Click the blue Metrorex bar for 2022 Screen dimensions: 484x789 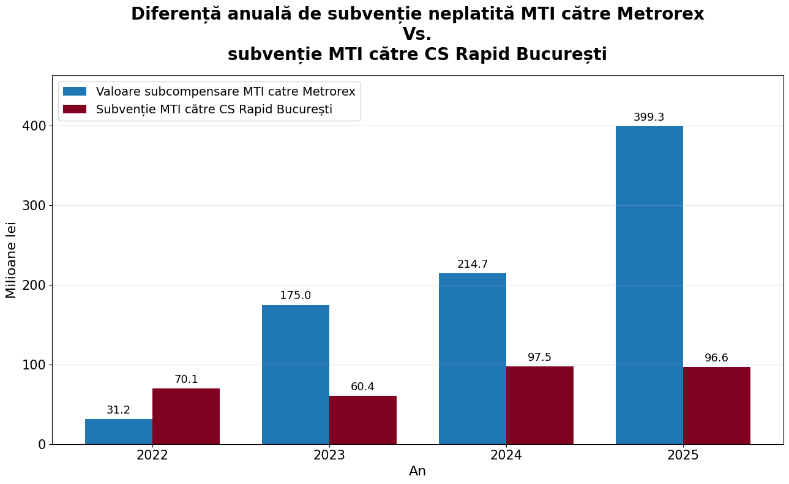(119, 431)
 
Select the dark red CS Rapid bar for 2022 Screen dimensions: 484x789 (186, 416)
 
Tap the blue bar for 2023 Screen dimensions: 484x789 (296, 374)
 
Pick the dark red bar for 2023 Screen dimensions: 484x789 (363, 420)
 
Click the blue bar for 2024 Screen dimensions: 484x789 (473, 358)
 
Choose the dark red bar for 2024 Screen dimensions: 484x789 (540, 405)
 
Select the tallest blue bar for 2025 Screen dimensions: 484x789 (649, 285)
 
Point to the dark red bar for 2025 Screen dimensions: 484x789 (717, 406)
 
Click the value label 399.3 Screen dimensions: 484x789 (649, 118)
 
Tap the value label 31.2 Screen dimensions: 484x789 (118, 410)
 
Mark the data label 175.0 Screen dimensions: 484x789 (296, 296)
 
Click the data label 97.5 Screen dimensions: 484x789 (540, 358)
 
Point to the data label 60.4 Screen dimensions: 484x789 (362, 387)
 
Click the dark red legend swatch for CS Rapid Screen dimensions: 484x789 (75, 110)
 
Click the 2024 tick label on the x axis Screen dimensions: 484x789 (506, 456)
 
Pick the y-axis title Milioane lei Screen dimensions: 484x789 (11, 260)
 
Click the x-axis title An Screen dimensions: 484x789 (417, 472)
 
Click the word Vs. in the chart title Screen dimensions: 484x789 (417, 34)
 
